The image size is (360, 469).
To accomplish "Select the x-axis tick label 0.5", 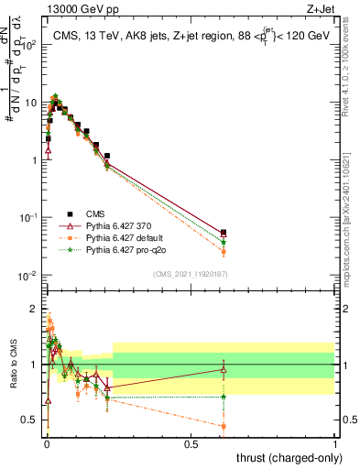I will click(191, 443).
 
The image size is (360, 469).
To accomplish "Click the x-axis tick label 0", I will click(46, 443).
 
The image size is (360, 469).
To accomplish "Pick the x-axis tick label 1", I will click(335, 443).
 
